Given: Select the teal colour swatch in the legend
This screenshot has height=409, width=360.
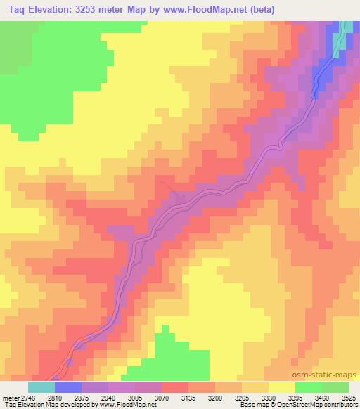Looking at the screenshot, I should [x=41, y=387].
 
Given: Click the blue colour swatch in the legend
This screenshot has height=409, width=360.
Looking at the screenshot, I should [x=68, y=387].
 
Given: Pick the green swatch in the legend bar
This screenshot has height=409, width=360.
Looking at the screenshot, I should [x=308, y=387].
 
